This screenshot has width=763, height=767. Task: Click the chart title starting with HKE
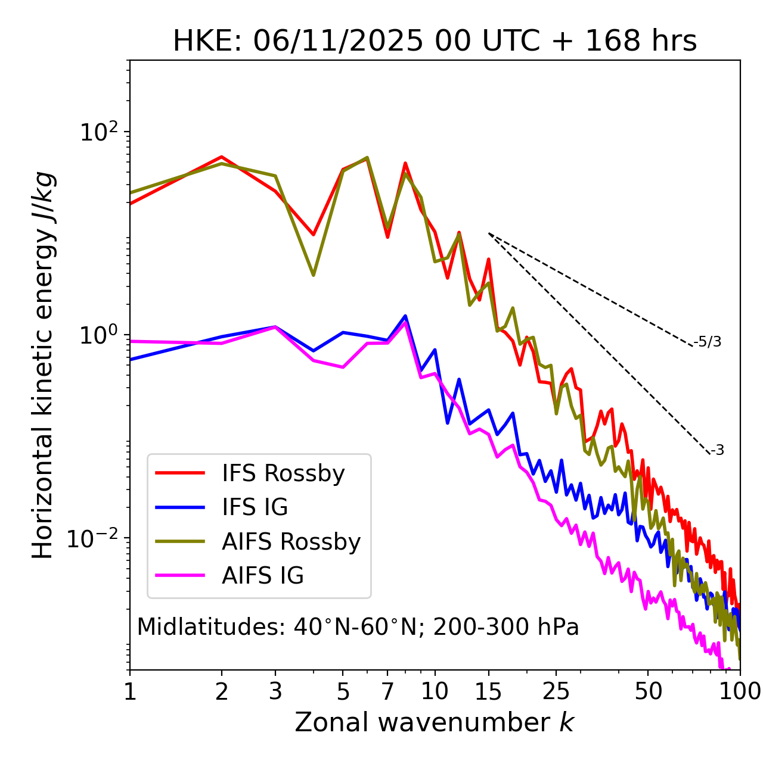click(435, 42)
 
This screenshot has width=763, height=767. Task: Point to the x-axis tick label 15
click(488, 691)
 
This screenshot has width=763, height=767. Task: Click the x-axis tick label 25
click(556, 691)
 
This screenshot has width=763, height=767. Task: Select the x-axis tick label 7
click(387, 691)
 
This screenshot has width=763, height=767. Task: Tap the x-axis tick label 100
click(739, 691)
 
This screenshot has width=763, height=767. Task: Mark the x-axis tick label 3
click(275, 691)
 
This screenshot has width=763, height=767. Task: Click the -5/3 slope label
click(708, 342)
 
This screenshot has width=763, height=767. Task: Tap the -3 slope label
click(717, 451)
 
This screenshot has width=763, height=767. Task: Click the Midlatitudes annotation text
click(358, 627)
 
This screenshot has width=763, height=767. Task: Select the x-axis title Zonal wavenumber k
click(434, 722)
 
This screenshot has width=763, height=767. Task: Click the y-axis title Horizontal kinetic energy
click(43, 365)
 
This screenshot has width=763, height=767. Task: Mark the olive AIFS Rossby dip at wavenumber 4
click(313, 275)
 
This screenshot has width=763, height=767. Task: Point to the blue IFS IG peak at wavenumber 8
click(405, 316)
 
